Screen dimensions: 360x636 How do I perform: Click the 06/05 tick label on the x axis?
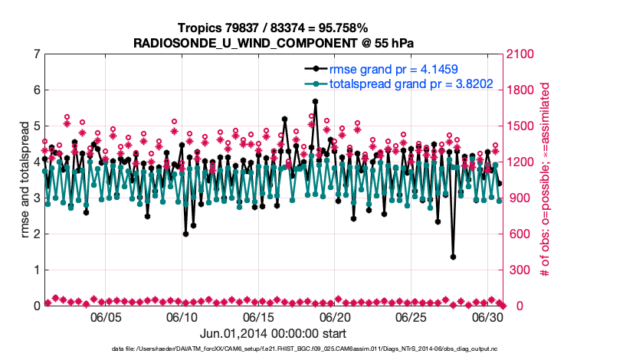point(107,316)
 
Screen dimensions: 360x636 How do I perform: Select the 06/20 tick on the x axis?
point(335,316)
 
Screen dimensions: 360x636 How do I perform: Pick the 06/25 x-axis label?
point(411,316)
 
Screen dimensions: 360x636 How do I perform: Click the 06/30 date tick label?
point(487,316)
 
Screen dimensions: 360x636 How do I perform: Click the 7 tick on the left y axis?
point(37,54)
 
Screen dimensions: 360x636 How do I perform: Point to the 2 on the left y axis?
point(37,234)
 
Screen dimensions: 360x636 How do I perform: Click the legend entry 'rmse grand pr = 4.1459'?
point(394,70)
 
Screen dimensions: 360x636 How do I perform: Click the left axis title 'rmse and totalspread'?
point(25,180)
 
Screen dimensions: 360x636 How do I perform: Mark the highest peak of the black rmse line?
point(315,101)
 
